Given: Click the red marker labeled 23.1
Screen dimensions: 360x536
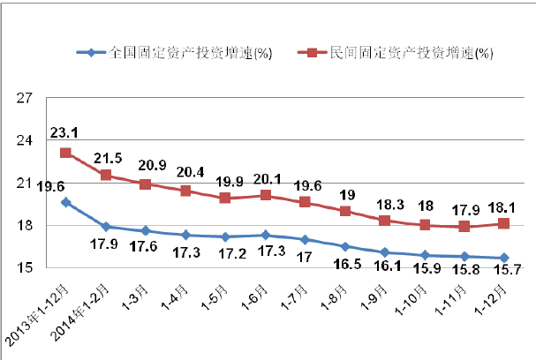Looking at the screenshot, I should click(65, 153).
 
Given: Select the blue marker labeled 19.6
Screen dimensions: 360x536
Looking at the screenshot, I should click(65, 202).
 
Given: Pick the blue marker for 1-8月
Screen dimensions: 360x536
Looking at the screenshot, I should click(346, 246).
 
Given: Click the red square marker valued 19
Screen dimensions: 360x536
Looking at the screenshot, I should click(346, 211).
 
